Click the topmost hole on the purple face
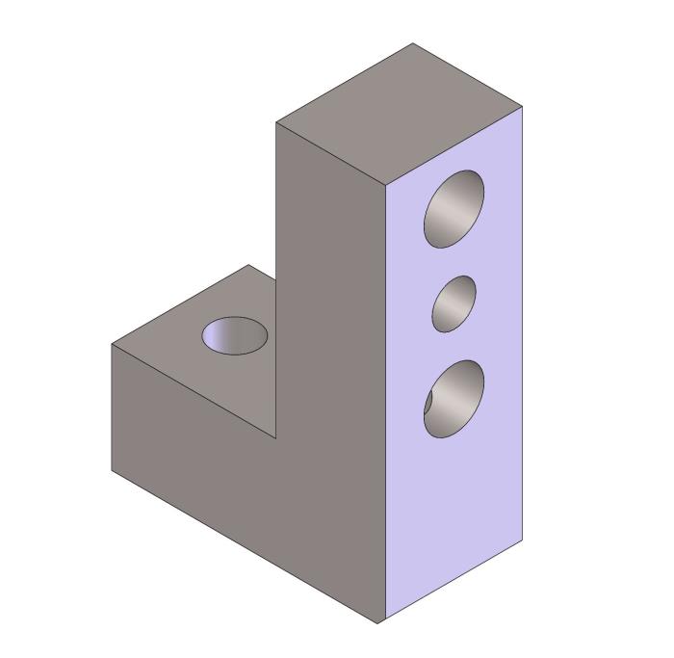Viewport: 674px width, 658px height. point(454,208)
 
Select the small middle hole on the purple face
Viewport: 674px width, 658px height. point(454,303)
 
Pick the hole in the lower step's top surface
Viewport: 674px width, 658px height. point(235,335)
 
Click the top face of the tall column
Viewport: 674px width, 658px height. point(400,113)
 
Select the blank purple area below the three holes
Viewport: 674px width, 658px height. point(454,520)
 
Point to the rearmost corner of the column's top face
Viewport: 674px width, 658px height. point(414,43)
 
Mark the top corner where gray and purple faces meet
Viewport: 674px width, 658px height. point(386,184)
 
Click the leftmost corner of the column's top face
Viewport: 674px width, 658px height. point(276,122)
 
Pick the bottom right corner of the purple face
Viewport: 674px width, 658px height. point(523,542)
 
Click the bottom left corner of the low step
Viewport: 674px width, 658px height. point(112,471)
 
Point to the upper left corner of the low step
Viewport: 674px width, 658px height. point(112,344)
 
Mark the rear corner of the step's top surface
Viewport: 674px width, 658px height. point(248,265)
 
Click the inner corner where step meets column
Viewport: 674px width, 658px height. point(276,438)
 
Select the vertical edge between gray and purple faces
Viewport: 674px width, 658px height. point(386,405)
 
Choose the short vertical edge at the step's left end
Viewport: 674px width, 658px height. point(112,408)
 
